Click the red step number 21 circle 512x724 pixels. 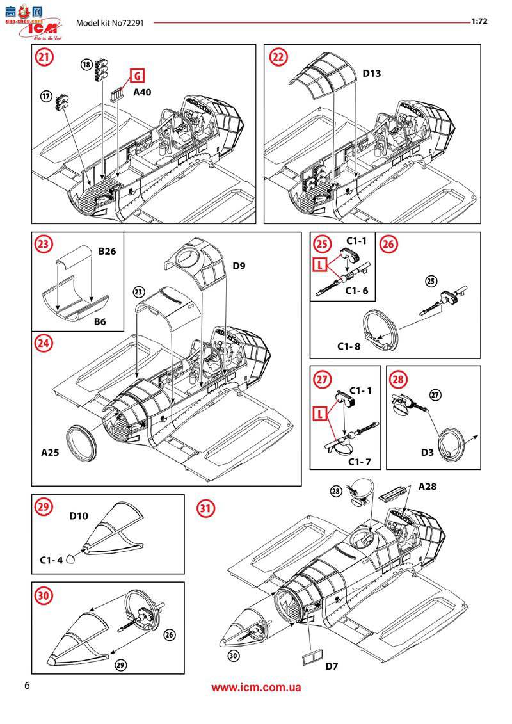tap(44, 57)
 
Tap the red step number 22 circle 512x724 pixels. tap(277, 57)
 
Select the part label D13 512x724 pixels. tap(372, 74)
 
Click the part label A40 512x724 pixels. tap(142, 92)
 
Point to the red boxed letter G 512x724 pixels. tap(136, 76)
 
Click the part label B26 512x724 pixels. tap(107, 252)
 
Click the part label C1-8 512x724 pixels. tap(349, 346)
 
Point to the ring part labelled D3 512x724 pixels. tap(453, 445)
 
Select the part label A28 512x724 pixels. tap(428, 487)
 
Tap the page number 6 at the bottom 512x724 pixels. tap(26, 686)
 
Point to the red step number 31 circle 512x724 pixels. tap(205, 509)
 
